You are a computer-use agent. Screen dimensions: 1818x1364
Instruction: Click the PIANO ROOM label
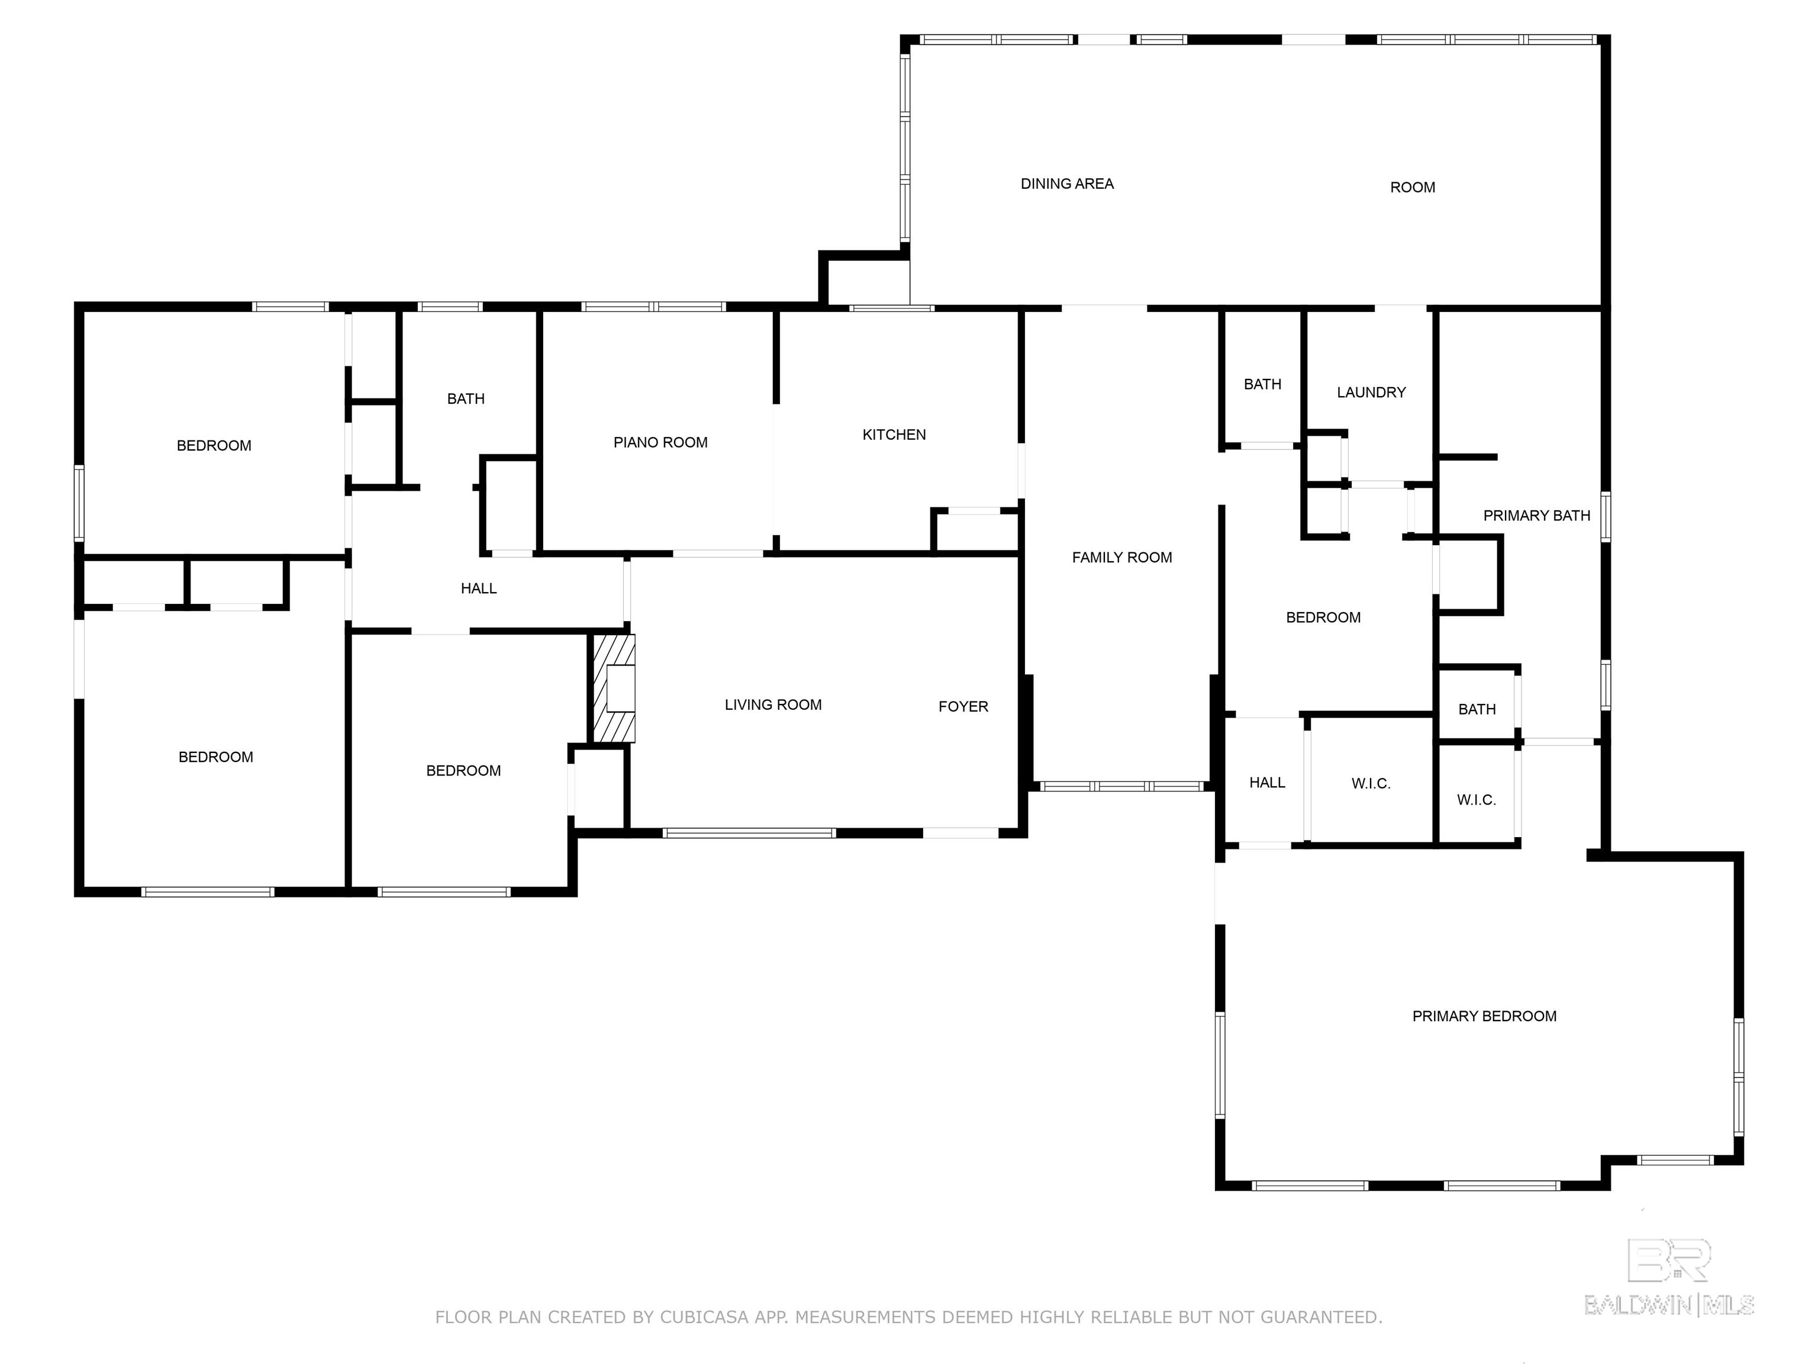[x=660, y=442]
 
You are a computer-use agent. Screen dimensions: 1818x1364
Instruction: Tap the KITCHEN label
[x=894, y=435]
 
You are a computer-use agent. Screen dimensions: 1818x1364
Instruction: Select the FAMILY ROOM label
[x=1122, y=558]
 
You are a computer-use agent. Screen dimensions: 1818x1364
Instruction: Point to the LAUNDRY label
[x=1371, y=392]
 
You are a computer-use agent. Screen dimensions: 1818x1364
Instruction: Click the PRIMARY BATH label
[x=1536, y=516]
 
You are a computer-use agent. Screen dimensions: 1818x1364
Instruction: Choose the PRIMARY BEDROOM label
[x=1484, y=1016]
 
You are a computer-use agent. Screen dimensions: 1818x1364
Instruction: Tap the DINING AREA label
[x=1067, y=184]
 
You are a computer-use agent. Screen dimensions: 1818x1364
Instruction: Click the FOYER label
[x=963, y=706]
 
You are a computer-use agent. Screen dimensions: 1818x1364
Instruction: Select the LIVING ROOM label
[x=772, y=704]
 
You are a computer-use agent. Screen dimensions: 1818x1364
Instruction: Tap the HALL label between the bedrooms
[x=478, y=588]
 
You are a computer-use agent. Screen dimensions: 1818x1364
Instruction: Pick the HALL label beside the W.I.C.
[x=1266, y=783]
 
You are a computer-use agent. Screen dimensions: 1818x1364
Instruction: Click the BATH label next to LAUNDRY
[x=1262, y=384]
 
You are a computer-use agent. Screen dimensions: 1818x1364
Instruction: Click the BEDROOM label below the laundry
[x=1323, y=617]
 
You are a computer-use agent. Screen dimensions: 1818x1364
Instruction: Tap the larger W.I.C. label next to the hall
[x=1371, y=784]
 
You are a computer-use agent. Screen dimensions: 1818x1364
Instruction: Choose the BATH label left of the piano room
[x=465, y=399]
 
